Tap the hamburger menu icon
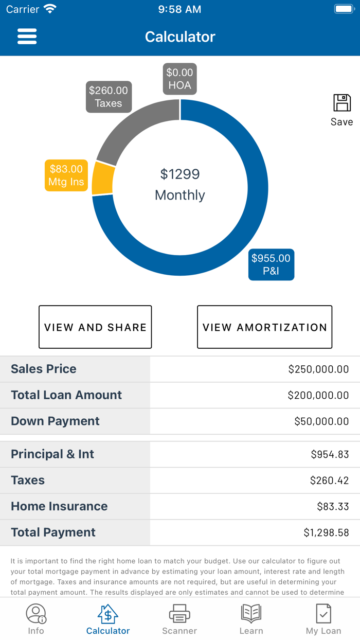point(27,37)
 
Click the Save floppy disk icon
point(342,103)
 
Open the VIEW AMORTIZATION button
point(264,327)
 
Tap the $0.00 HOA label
point(179,79)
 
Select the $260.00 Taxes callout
point(109,97)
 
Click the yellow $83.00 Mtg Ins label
point(66,175)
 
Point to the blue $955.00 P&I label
point(271,264)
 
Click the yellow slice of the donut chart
point(103,179)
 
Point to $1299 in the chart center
point(179,174)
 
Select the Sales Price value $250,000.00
point(318,369)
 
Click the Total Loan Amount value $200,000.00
point(318,395)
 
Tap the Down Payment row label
point(56,421)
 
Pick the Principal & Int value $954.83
point(330,454)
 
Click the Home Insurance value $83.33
point(333,506)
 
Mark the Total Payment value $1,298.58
point(326,532)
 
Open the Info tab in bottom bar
point(36,619)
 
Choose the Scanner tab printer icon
point(179,614)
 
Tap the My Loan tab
point(323,619)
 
